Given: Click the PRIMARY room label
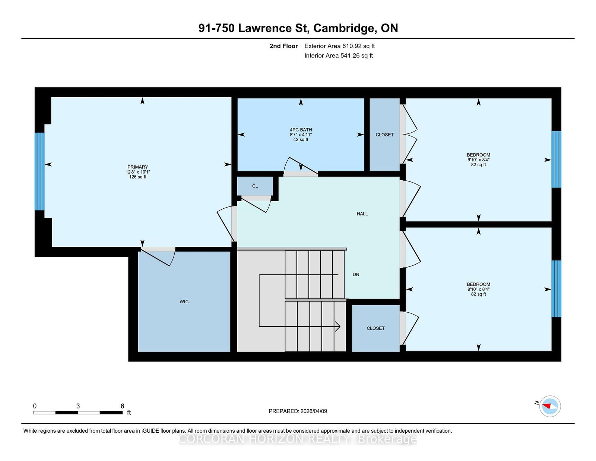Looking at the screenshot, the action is (138, 167).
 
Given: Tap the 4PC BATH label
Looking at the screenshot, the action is (301, 130).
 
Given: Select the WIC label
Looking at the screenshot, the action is (184, 301).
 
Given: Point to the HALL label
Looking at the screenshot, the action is (362, 214).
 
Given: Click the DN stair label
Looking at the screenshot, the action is (356, 274).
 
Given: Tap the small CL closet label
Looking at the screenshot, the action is (255, 186).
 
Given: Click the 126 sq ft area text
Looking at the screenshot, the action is (138, 177).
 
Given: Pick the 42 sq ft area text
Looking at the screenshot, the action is (301, 139).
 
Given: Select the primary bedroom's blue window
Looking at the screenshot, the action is (39, 171).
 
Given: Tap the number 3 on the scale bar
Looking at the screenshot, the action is (78, 406).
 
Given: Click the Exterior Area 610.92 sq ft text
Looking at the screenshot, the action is (340, 46).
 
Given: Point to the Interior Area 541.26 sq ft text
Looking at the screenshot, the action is (339, 56).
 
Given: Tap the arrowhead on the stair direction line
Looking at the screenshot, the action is (338, 326).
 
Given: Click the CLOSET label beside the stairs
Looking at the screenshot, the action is (375, 328).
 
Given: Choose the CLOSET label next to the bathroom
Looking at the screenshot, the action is (384, 135).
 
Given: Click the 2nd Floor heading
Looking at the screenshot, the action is (283, 46).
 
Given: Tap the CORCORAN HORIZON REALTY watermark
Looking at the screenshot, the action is (298, 439).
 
